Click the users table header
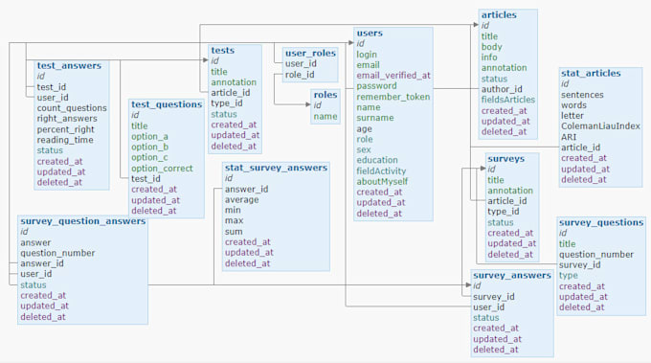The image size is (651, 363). (x=370, y=34)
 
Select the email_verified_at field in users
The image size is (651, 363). (x=393, y=76)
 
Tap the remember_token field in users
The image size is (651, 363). (x=393, y=97)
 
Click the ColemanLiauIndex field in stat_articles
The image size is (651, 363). (x=600, y=126)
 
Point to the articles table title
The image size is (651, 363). (x=499, y=15)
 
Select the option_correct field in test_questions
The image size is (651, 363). (x=163, y=168)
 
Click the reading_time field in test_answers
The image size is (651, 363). (x=67, y=140)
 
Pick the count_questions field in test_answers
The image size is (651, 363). (x=72, y=108)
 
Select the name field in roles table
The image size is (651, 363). (x=325, y=117)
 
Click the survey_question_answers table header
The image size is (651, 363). (x=82, y=221)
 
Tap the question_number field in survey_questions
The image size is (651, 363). (x=595, y=255)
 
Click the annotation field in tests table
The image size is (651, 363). (x=234, y=82)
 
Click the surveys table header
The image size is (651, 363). (x=505, y=159)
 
